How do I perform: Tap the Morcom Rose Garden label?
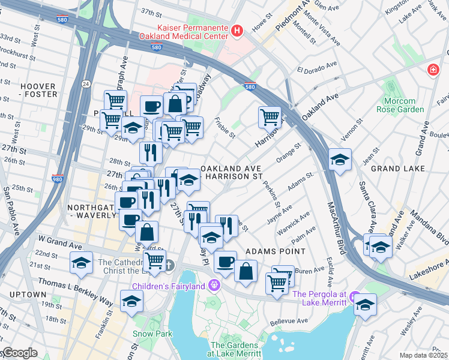point(400,104)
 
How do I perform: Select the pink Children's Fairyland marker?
point(213,286)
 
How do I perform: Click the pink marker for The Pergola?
point(355,298)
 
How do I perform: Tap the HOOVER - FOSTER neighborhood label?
point(38,90)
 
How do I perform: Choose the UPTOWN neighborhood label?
point(28,295)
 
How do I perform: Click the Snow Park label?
point(152,334)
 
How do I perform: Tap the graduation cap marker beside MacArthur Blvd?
point(340,160)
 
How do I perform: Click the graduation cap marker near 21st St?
point(81,262)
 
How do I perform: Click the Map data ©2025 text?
point(424,355)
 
